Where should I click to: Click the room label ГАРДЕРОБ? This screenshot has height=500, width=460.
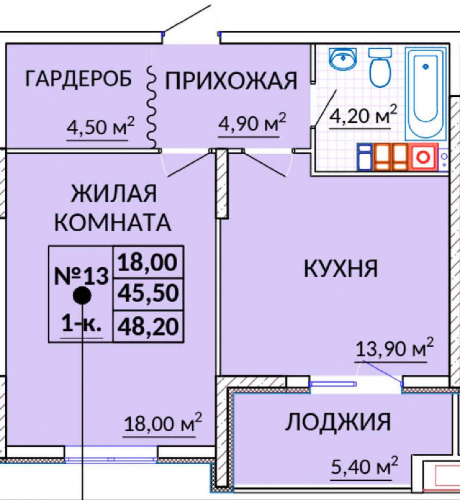click(78, 78)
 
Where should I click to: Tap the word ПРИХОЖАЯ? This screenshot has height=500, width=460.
click(231, 81)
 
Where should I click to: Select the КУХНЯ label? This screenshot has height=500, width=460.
click(341, 269)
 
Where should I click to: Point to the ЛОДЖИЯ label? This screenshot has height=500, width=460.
click(338, 422)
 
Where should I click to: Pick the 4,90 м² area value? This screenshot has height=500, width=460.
click(252, 122)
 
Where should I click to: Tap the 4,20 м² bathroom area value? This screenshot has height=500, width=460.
click(363, 115)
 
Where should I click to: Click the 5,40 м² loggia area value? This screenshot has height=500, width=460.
click(365, 466)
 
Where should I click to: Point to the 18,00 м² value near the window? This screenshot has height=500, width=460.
click(163, 423)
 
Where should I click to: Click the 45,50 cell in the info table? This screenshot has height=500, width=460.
click(148, 293)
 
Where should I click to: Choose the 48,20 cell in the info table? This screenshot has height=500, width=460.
click(148, 327)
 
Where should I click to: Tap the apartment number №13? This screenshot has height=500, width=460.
click(81, 276)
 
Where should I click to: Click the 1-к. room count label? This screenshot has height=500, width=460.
click(81, 324)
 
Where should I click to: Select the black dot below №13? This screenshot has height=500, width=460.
click(82, 296)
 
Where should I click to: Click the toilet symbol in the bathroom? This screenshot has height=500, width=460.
click(380, 67)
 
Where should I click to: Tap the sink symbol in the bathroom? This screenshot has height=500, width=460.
click(343, 59)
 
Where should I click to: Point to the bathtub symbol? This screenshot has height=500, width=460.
click(425, 94)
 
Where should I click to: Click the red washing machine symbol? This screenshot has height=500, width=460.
click(424, 157)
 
